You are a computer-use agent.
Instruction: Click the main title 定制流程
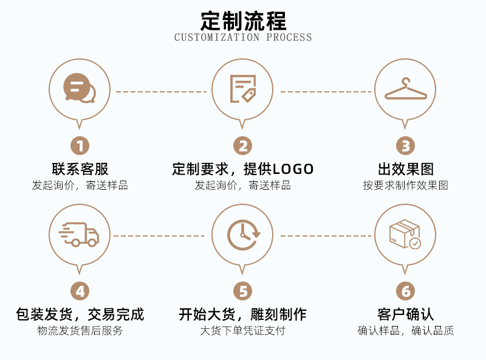243,20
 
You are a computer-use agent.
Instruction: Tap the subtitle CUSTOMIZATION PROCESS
243,38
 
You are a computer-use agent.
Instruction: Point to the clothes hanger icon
405,90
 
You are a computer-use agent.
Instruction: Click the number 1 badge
80,146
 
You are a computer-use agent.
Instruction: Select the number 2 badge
242,146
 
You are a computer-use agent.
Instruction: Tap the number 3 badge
405,146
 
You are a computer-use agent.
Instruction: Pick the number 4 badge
80,291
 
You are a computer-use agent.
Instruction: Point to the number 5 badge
242,291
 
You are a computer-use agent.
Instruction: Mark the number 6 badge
405,291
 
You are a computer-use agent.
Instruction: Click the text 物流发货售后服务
80,331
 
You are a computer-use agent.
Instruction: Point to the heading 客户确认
405,314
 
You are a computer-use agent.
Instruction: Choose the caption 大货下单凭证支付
242,331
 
